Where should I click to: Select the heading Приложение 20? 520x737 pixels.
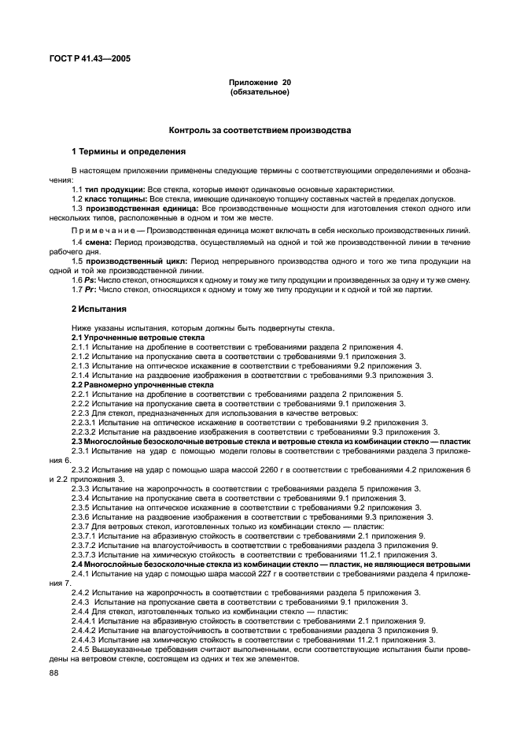pos(260,83)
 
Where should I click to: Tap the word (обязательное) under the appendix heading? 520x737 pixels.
pos(260,92)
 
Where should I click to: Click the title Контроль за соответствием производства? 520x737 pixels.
pos(260,130)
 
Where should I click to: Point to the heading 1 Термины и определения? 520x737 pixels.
pos(117,151)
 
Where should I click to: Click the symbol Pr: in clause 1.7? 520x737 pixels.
pos(90,290)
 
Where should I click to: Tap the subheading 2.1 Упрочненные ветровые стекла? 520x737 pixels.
pos(131,337)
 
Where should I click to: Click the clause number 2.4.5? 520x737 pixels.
pos(82,650)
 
